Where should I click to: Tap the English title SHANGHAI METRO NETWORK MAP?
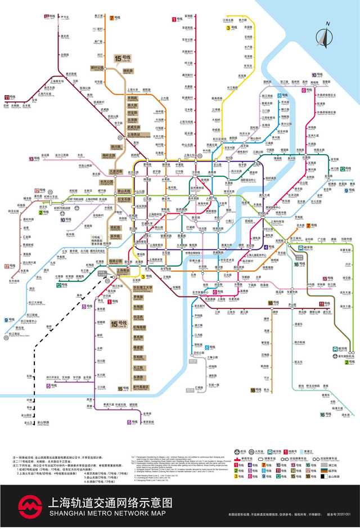pyautogui.click(x=110, y=514)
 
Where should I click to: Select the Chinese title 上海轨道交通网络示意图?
pyautogui.click(x=111, y=502)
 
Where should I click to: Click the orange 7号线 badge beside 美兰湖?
pyautogui.click(x=114, y=18)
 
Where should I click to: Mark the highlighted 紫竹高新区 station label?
pyautogui.click(x=141, y=387)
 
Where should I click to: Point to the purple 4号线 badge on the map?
pyautogui.click(x=269, y=246)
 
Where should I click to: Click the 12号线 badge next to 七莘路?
pyautogui.click(x=61, y=285)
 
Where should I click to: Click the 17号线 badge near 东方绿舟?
pyautogui.click(x=8, y=266)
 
